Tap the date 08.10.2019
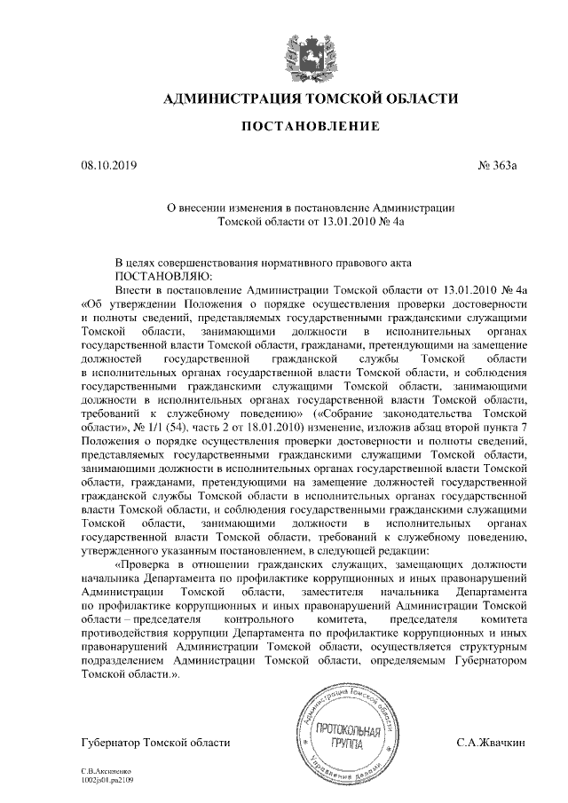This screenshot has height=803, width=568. (105, 165)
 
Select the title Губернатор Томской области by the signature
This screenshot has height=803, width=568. (155, 742)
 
